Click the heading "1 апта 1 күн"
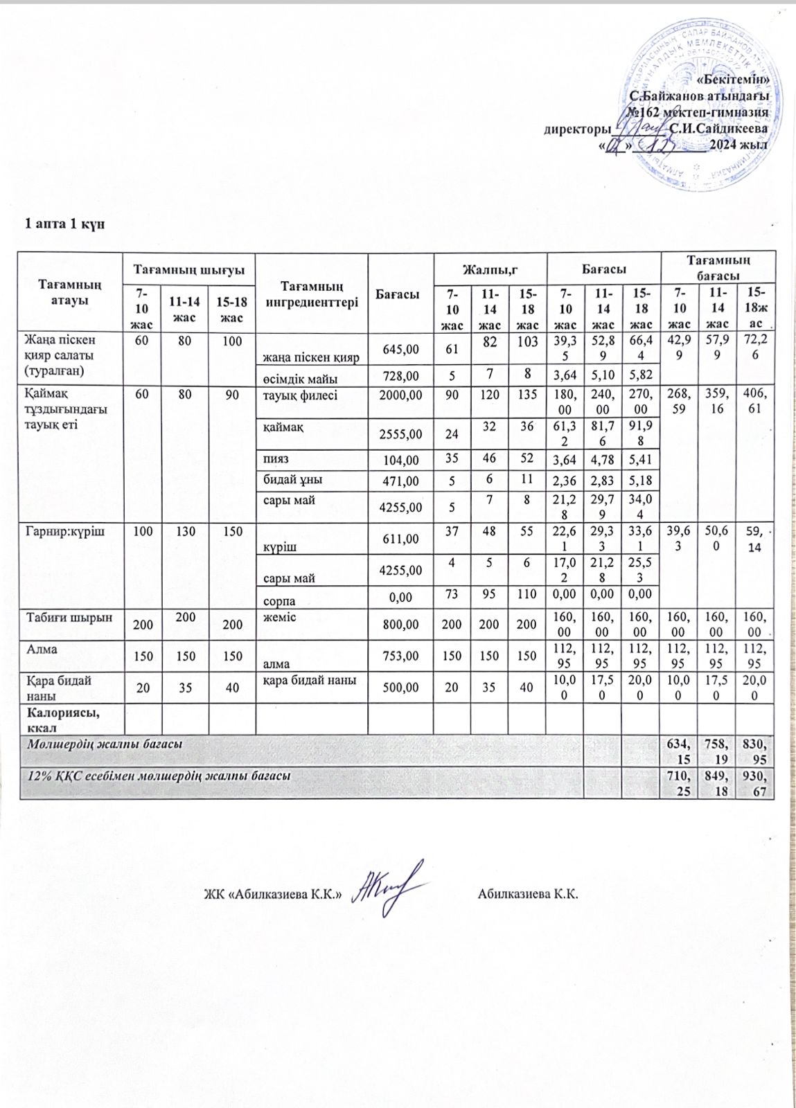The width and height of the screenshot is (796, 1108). click(64, 224)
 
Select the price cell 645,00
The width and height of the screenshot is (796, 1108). click(400, 350)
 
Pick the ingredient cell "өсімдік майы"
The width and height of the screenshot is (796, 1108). click(300, 378)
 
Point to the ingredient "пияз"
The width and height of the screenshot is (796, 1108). click(276, 459)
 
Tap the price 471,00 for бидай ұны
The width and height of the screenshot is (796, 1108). click(400, 481)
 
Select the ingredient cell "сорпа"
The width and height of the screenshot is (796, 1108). click(279, 600)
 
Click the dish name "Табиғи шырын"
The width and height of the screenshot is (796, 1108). click(69, 617)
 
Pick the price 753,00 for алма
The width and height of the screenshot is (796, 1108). click(400, 656)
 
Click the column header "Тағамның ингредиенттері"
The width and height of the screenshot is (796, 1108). click(311, 294)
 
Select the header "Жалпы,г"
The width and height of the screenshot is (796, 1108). click(489, 268)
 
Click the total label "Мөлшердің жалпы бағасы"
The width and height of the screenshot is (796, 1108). click(105, 744)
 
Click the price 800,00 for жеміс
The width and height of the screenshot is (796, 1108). click(400, 624)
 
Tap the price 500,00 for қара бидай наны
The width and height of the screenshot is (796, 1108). click(400, 687)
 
